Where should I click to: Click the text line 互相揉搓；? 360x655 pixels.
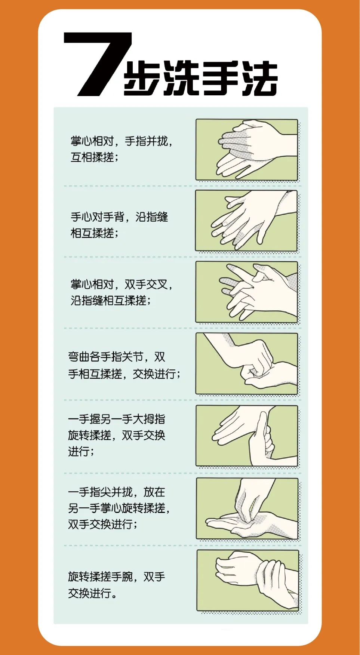95,157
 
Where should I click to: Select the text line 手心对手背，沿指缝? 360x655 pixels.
119,217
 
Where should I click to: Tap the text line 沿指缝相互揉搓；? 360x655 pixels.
111,301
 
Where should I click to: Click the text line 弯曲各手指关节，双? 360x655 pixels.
117,357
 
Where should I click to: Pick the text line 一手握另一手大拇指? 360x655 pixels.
117,419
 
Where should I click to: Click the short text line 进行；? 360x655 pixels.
81,452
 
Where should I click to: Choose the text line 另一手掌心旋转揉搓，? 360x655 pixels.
119,508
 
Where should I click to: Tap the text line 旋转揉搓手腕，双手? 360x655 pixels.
117,577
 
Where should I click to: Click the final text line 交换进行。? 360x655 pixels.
92,593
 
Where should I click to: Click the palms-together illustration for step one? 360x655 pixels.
247,150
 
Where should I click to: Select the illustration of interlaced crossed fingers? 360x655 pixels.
247,292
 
